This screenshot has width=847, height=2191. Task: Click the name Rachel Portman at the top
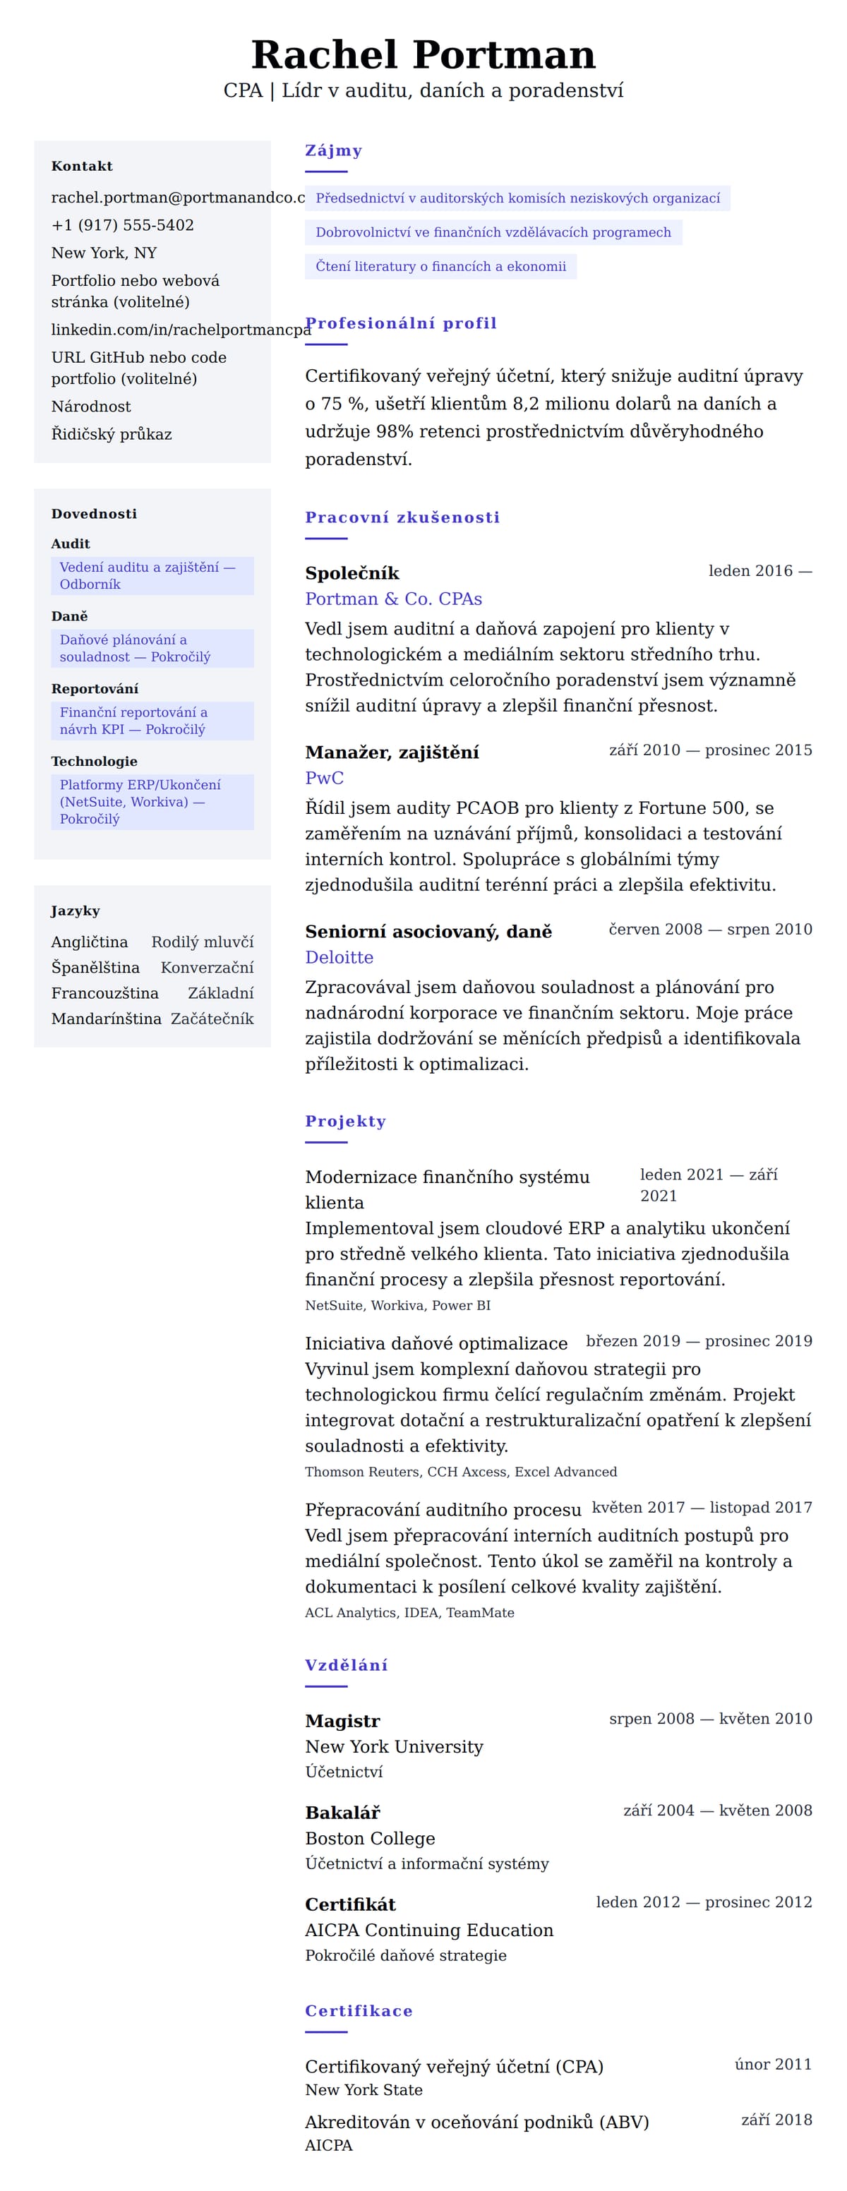coord(423,54)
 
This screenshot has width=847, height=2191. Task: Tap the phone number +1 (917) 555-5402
coord(122,225)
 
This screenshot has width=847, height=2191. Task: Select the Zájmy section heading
coord(333,150)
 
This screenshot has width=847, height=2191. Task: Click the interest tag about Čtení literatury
coord(440,266)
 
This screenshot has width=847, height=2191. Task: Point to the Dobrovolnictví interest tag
coord(493,232)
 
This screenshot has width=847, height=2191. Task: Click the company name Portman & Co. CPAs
coord(393,599)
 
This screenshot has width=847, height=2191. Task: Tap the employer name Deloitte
coord(340,958)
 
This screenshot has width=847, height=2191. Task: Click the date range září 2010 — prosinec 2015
coord(710,750)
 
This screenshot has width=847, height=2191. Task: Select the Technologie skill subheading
coord(94,761)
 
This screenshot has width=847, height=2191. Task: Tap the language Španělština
coord(95,968)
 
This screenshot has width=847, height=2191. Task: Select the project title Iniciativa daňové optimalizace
coord(436,1344)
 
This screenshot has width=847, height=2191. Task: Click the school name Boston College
coord(370,1838)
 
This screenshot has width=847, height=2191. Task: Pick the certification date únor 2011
coord(773,2064)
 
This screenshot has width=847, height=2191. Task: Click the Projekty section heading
coord(345,1121)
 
